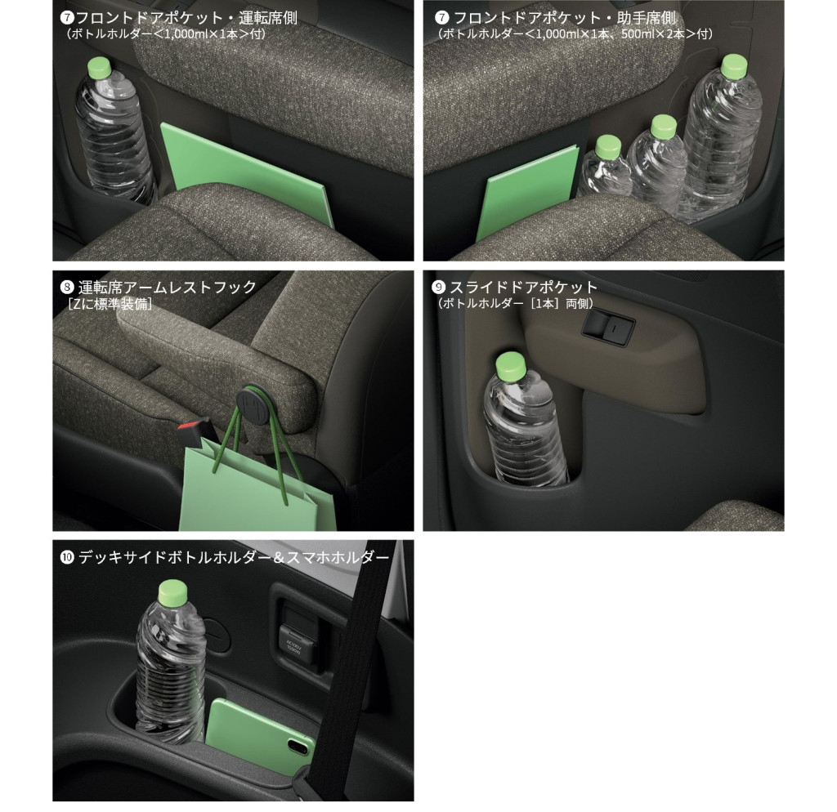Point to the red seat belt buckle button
[x=189, y=426]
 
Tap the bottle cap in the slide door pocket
[x=511, y=366]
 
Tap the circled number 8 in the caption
[x=67, y=288]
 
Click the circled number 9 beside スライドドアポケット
[x=438, y=287]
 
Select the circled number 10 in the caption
[x=67, y=557]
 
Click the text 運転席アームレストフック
[x=168, y=288]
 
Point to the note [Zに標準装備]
[x=110, y=304]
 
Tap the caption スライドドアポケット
[x=523, y=287]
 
